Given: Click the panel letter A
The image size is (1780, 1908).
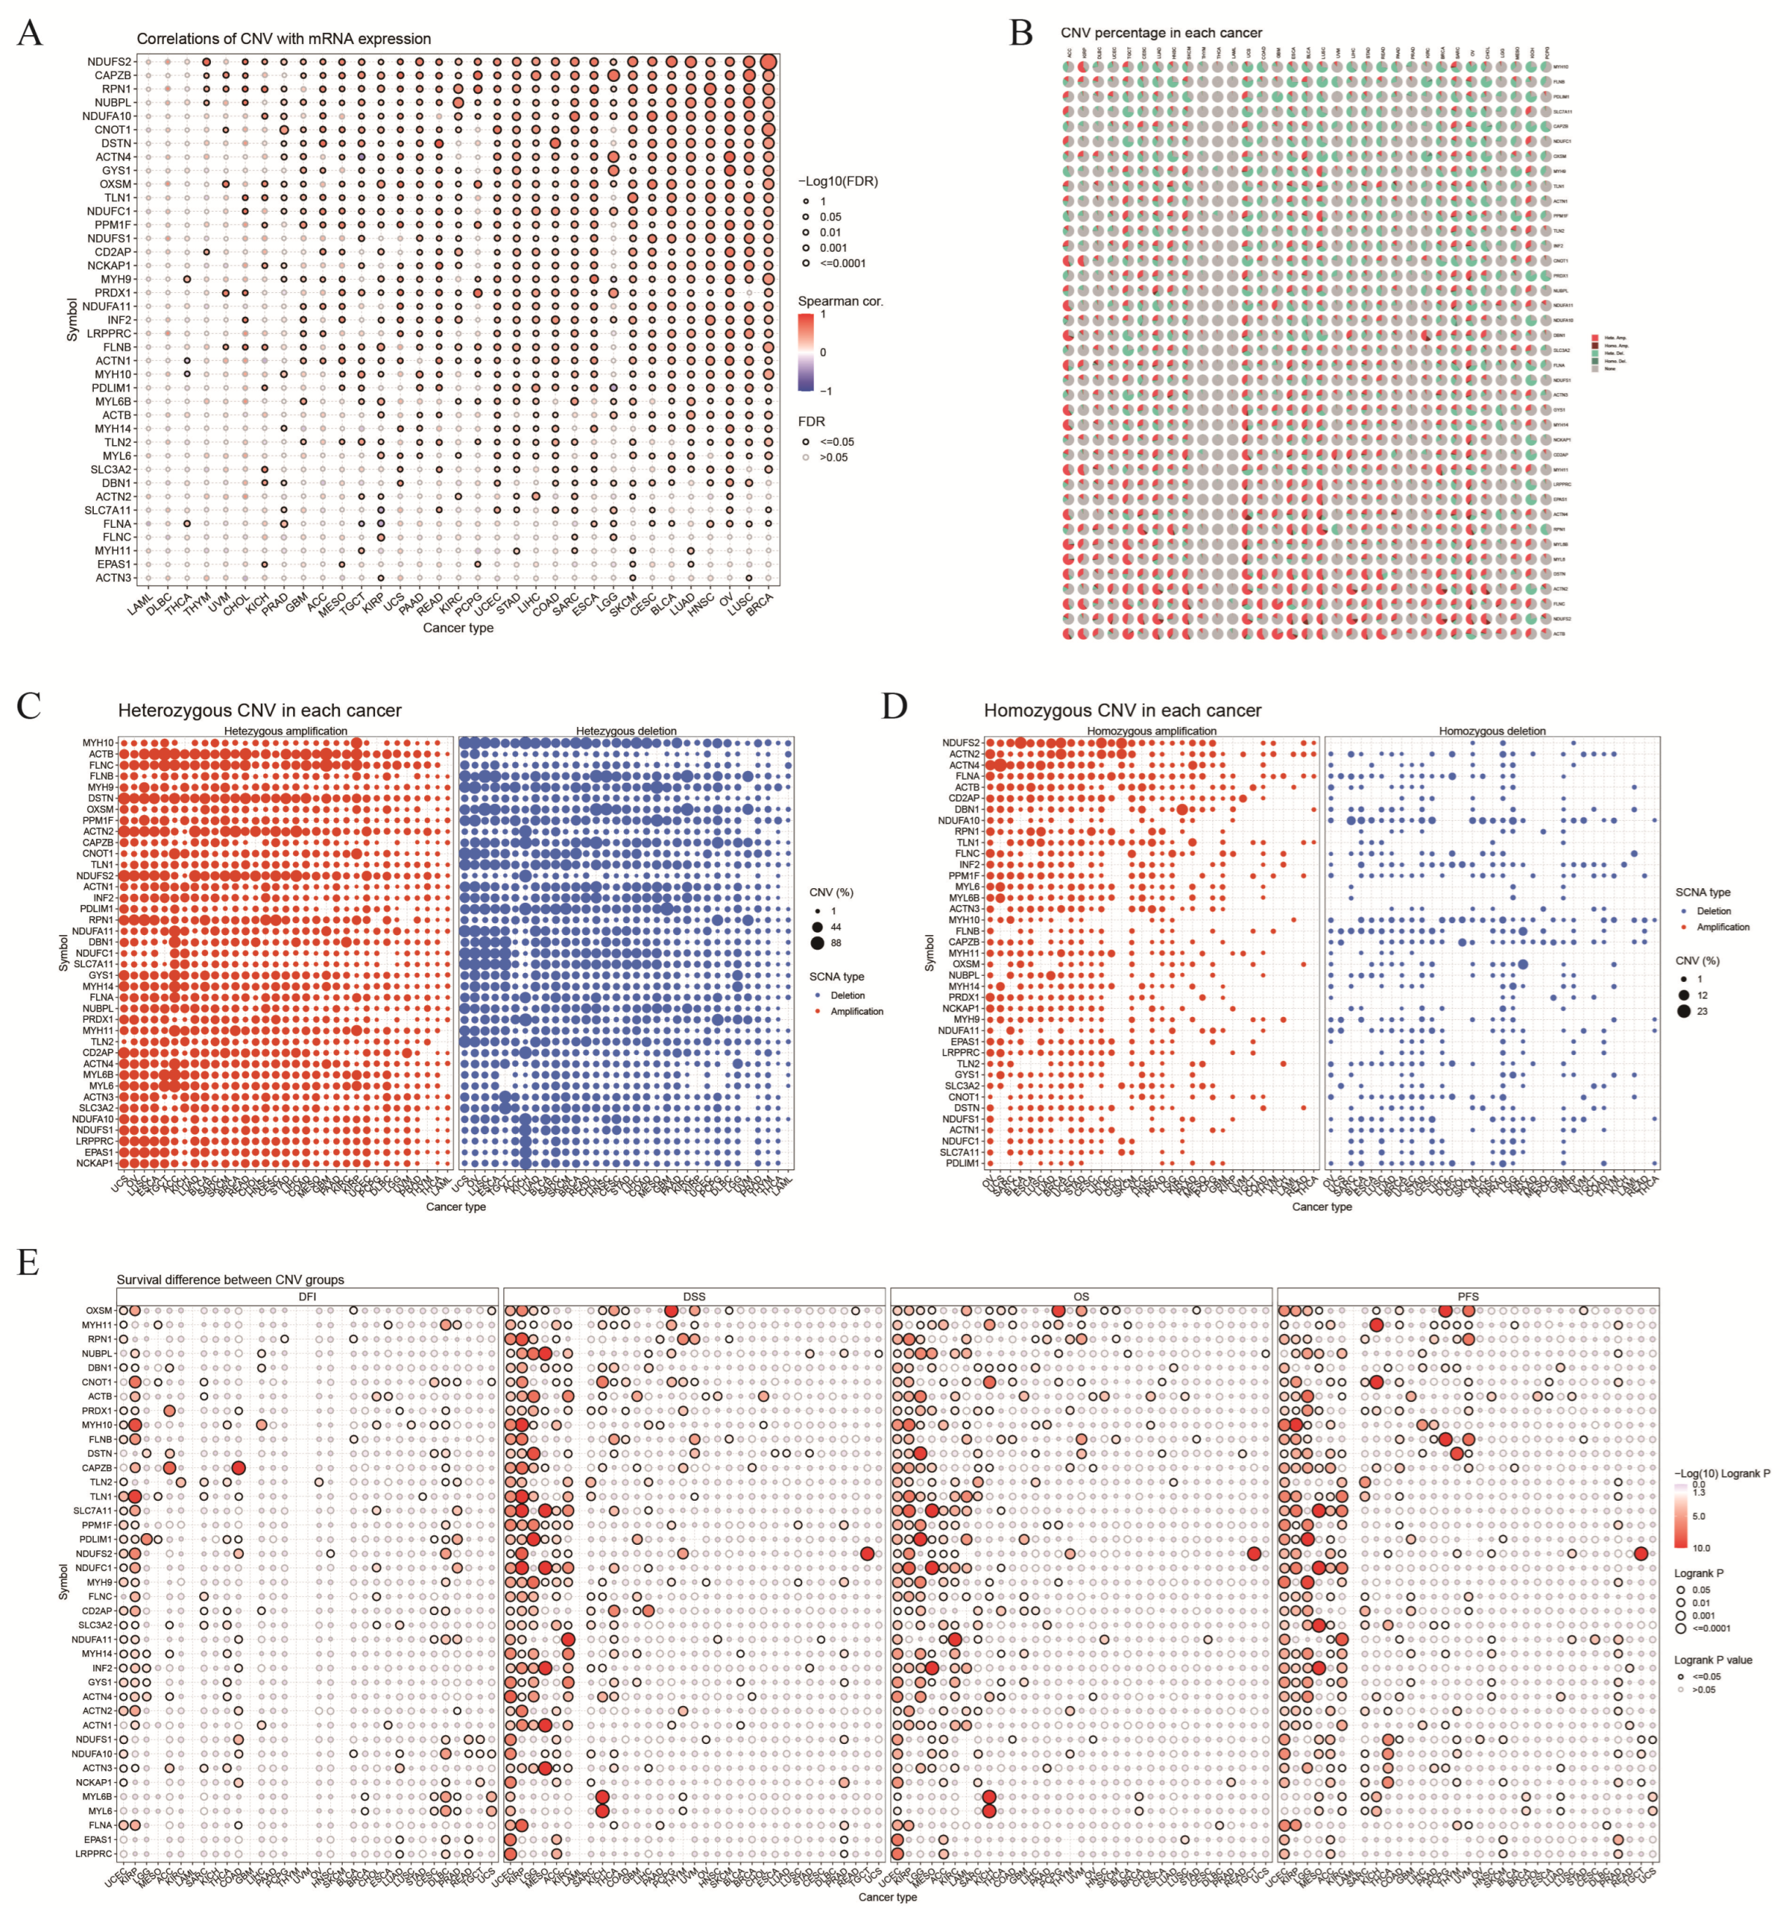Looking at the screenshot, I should (30, 34).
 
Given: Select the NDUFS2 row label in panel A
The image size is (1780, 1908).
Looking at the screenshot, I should (109, 62).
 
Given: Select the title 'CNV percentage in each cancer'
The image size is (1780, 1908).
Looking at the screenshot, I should (1161, 33).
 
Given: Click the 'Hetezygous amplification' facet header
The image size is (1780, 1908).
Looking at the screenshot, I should (286, 731).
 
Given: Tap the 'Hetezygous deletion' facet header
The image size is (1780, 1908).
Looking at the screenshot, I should (626, 731).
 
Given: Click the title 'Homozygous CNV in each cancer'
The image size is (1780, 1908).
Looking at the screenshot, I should (1122, 710).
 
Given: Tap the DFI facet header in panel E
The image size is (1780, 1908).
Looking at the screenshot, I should (307, 1297).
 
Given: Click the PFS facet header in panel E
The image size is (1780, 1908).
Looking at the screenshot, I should (1467, 1297).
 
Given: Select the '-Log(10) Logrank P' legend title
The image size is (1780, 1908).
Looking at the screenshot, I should (1721, 1473).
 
